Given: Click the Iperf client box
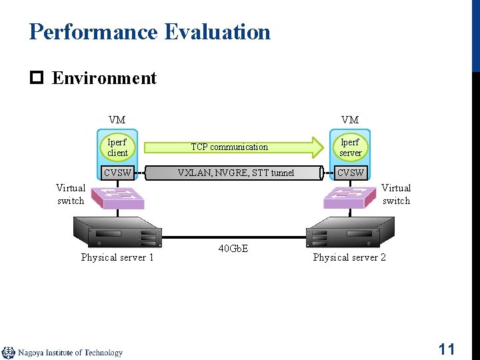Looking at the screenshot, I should tap(117, 147).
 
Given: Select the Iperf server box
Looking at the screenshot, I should tap(350, 147).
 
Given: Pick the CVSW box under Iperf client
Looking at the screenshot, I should tap(118, 173).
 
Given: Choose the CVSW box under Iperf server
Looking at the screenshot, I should tap(351, 173).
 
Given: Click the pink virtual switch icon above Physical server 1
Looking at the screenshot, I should tap(118, 196).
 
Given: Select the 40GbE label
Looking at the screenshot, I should tap(233, 249).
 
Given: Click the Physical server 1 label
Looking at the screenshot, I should tap(117, 257).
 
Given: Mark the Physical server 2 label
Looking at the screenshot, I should tap(349, 257).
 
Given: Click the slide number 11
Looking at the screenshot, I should tap(446, 349).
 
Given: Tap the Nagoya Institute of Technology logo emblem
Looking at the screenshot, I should tap(9, 353).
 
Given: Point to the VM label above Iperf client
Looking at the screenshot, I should tap(117, 120).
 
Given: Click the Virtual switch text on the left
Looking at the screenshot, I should tap(71, 194).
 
